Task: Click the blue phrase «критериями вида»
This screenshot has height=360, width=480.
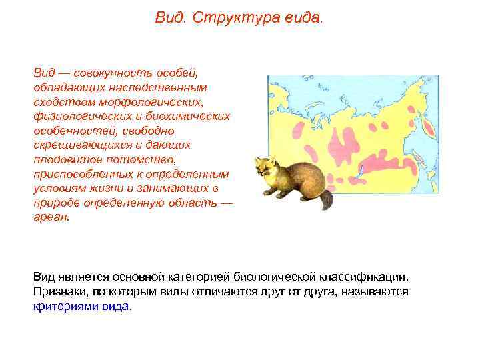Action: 81,307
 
